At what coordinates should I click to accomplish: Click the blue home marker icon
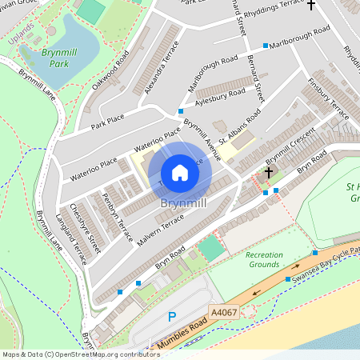(x=180, y=172)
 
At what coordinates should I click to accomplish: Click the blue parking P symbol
(x=172, y=318)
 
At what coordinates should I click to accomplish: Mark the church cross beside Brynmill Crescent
(x=269, y=172)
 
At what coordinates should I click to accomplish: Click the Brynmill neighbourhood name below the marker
(x=183, y=204)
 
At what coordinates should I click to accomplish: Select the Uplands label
(x=22, y=37)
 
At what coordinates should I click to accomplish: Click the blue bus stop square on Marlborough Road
(x=265, y=46)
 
